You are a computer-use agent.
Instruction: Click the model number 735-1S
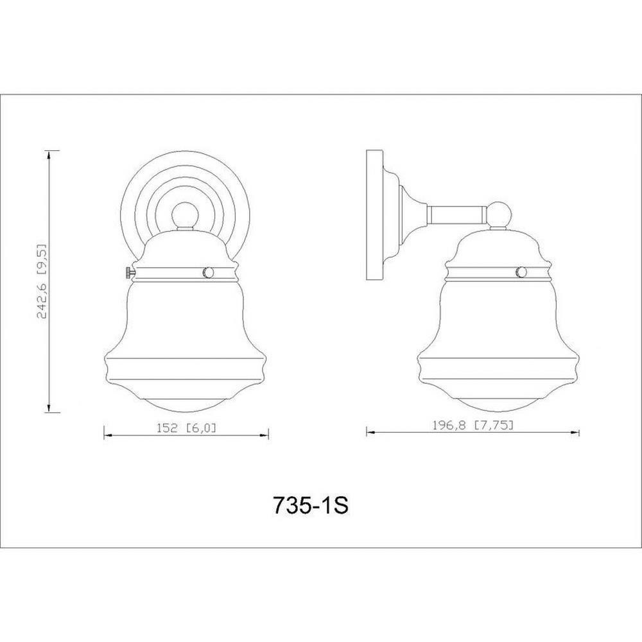point(310,506)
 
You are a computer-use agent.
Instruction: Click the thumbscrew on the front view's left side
point(129,272)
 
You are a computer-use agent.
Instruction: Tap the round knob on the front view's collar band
point(208,272)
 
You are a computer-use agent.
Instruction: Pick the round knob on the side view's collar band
point(522,272)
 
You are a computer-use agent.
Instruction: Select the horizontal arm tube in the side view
point(456,215)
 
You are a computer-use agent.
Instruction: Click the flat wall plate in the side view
point(374,215)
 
